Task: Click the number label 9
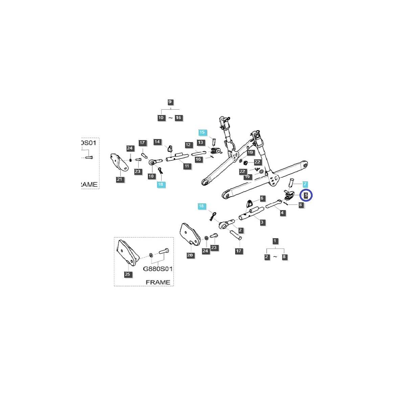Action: tap(170, 102)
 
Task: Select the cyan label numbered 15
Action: tap(202, 132)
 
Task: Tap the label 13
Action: tap(201, 143)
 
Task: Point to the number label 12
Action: tap(188, 145)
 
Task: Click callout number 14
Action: tap(157, 142)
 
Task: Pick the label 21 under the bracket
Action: tap(119, 179)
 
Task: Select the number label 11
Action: tap(186, 166)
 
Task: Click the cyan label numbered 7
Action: tap(305, 184)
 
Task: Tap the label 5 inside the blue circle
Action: tap(306, 195)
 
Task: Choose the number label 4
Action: tap(282, 213)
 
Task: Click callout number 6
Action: tap(262, 198)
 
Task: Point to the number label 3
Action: tap(262, 222)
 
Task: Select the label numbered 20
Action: tap(190, 255)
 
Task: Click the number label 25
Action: tap(127, 274)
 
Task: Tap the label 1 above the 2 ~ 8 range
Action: tap(275, 241)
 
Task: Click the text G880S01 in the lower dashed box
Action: tap(158, 269)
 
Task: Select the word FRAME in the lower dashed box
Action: tap(158, 282)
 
